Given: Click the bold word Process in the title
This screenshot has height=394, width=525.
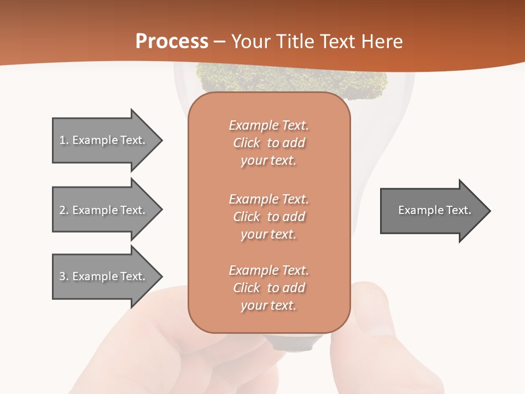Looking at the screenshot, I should pyautogui.click(x=172, y=42).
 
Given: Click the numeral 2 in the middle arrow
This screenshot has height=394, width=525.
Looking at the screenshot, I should pyautogui.click(x=62, y=210).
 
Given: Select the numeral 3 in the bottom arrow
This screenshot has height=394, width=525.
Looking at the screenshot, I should pyautogui.click(x=62, y=276).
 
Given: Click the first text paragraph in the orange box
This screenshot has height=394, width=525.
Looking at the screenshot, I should pyautogui.click(x=269, y=143).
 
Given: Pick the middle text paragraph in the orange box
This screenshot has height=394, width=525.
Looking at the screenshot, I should pyautogui.click(x=269, y=217).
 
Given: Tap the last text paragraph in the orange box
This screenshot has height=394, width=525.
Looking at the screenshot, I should pyautogui.click(x=269, y=288).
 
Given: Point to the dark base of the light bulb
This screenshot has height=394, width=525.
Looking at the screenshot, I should pyautogui.click(x=295, y=343).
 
